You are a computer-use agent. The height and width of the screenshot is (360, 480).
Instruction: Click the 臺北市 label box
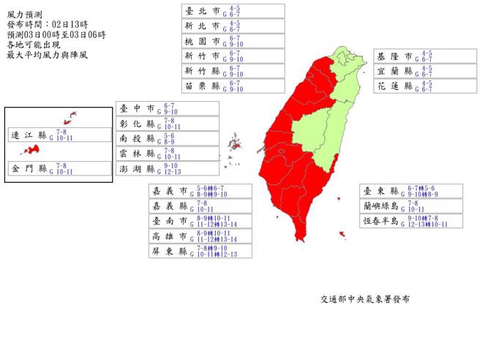pyautogui.click(x=233, y=10)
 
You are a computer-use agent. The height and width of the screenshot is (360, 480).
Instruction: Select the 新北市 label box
pyautogui.click(x=233, y=26)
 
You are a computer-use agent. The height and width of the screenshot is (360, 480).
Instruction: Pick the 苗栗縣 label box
pyautogui.click(x=233, y=86)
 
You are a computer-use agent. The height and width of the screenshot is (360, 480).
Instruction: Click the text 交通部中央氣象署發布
pyautogui.click(x=364, y=300)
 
